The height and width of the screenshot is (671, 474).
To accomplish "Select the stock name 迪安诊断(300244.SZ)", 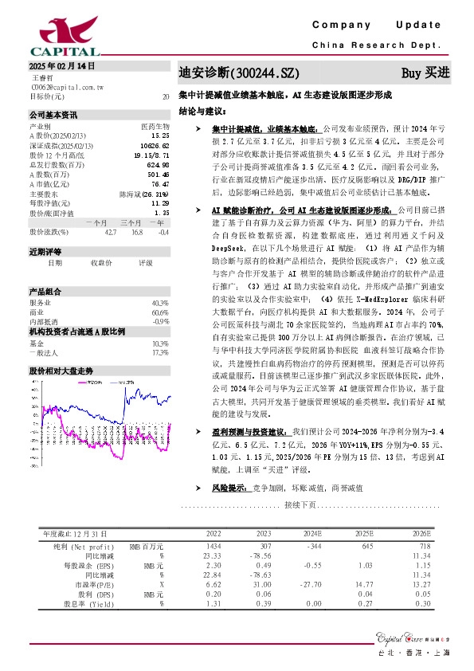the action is [x=232, y=73].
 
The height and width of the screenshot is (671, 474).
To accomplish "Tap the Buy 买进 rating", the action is [x=425, y=73].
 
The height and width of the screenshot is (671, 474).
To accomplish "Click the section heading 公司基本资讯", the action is [x=53, y=115].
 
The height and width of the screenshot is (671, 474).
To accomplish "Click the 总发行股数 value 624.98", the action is [x=158, y=164].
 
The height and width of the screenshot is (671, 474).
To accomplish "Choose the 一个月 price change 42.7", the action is [x=109, y=232].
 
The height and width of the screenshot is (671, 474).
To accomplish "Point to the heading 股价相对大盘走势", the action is [x=61, y=348].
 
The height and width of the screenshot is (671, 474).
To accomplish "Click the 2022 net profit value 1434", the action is [x=214, y=545].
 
